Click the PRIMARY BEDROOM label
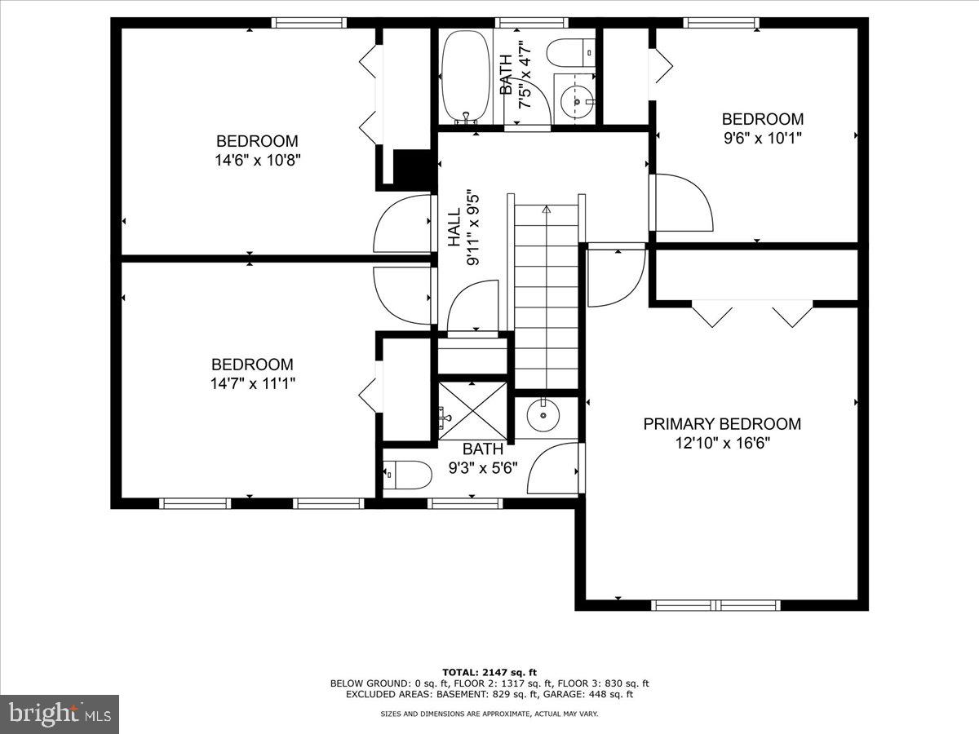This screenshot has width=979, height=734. coord(722,424)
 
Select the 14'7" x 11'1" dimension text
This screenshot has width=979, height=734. coord(252,384)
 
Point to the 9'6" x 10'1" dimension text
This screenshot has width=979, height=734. coord(762,139)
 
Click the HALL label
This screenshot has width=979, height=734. coord(454,228)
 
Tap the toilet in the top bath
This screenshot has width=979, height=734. coord(571,53)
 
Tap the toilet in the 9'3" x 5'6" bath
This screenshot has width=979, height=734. coord(407,475)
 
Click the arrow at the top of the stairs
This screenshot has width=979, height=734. coord(546,210)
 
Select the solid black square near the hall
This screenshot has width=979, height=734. coord(412,168)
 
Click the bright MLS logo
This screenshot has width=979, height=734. coord(59,714)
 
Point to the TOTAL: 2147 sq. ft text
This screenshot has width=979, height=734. coord(489,671)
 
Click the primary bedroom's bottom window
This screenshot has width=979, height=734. coord(715,605)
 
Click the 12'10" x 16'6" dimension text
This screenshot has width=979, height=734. coord(722,443)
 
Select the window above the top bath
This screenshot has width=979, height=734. coord(521,22)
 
